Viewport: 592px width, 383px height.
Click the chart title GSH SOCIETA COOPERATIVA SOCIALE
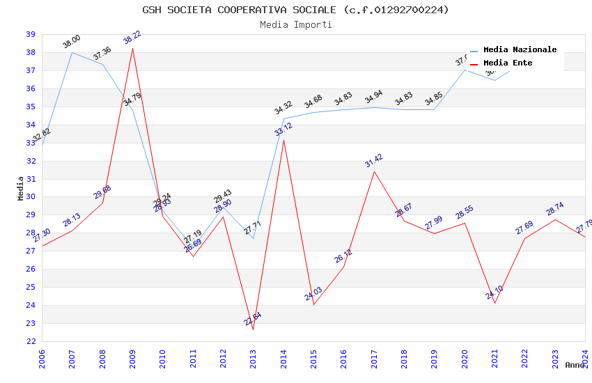[295, 10]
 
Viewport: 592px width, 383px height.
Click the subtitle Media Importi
[295, 25]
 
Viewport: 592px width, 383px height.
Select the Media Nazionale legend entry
[520, 50]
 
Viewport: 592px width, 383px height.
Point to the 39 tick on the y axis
[31, 34]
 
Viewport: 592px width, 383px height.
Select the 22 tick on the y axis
[31, 341]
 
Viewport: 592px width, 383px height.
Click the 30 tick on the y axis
[31, 196]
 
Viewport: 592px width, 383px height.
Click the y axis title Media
[21, 187]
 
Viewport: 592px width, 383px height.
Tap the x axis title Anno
[575, 365]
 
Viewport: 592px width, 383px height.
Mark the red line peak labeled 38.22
[132, 48]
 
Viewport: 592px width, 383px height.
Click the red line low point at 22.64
[253, 329]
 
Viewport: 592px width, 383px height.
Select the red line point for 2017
[374, 171]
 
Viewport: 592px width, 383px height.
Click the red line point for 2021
[494, 303]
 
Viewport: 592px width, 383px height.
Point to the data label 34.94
[373, 97]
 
